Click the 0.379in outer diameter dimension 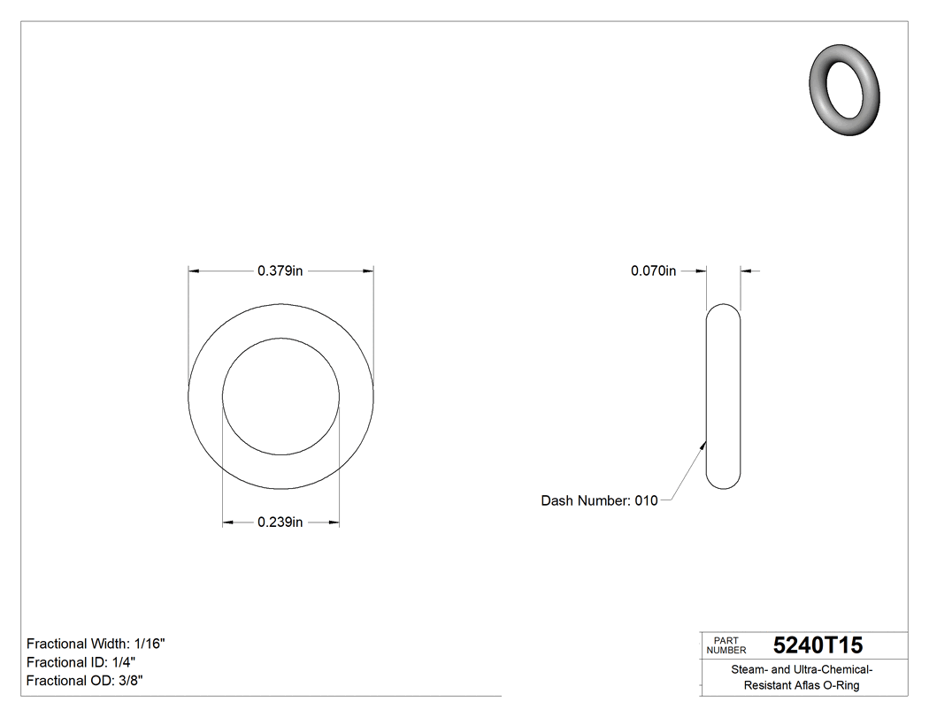[280, 271]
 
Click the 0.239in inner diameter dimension [280, 522]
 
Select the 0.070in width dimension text [653, 271]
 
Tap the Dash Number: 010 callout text [599, 500]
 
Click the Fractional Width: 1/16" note [96, 644]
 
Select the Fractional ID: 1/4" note [81, 662]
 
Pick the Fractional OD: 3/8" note [85, 681]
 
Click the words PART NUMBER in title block [726, 645]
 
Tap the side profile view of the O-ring [723, 396]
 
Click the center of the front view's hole [280, 396]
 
